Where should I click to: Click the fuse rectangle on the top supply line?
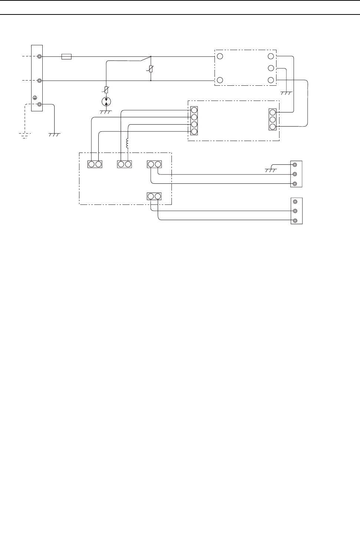66,57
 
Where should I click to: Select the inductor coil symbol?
128,143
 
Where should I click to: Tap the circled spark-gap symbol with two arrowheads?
107,101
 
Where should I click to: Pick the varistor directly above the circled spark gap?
107,89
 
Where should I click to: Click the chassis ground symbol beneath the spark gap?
107,112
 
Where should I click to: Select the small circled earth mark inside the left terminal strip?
35,98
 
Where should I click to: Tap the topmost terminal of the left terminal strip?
39,57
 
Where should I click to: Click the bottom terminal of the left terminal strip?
39,105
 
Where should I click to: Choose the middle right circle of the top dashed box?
271,68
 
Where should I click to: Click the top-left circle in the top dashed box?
220,57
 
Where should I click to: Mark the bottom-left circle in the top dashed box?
220,80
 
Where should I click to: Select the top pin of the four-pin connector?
194,110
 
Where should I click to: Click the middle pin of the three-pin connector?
272,119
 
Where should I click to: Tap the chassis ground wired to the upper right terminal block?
272,170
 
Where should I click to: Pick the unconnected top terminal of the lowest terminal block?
295,202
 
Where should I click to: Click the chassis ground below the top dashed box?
286,93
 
